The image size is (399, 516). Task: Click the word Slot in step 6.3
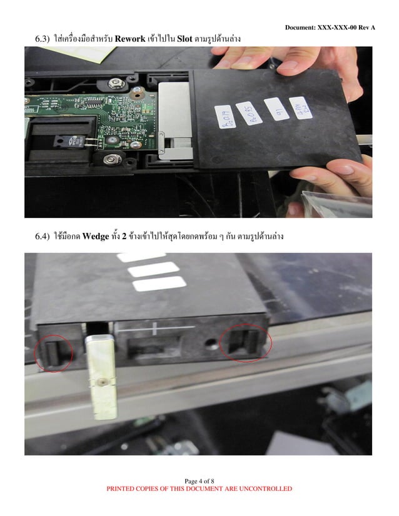[184, 39]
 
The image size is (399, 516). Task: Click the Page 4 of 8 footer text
[199, 480]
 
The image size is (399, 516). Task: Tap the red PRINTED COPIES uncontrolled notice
[199, 489]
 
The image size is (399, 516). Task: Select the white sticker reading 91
[276, 108]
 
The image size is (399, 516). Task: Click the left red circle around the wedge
[54, 351]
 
